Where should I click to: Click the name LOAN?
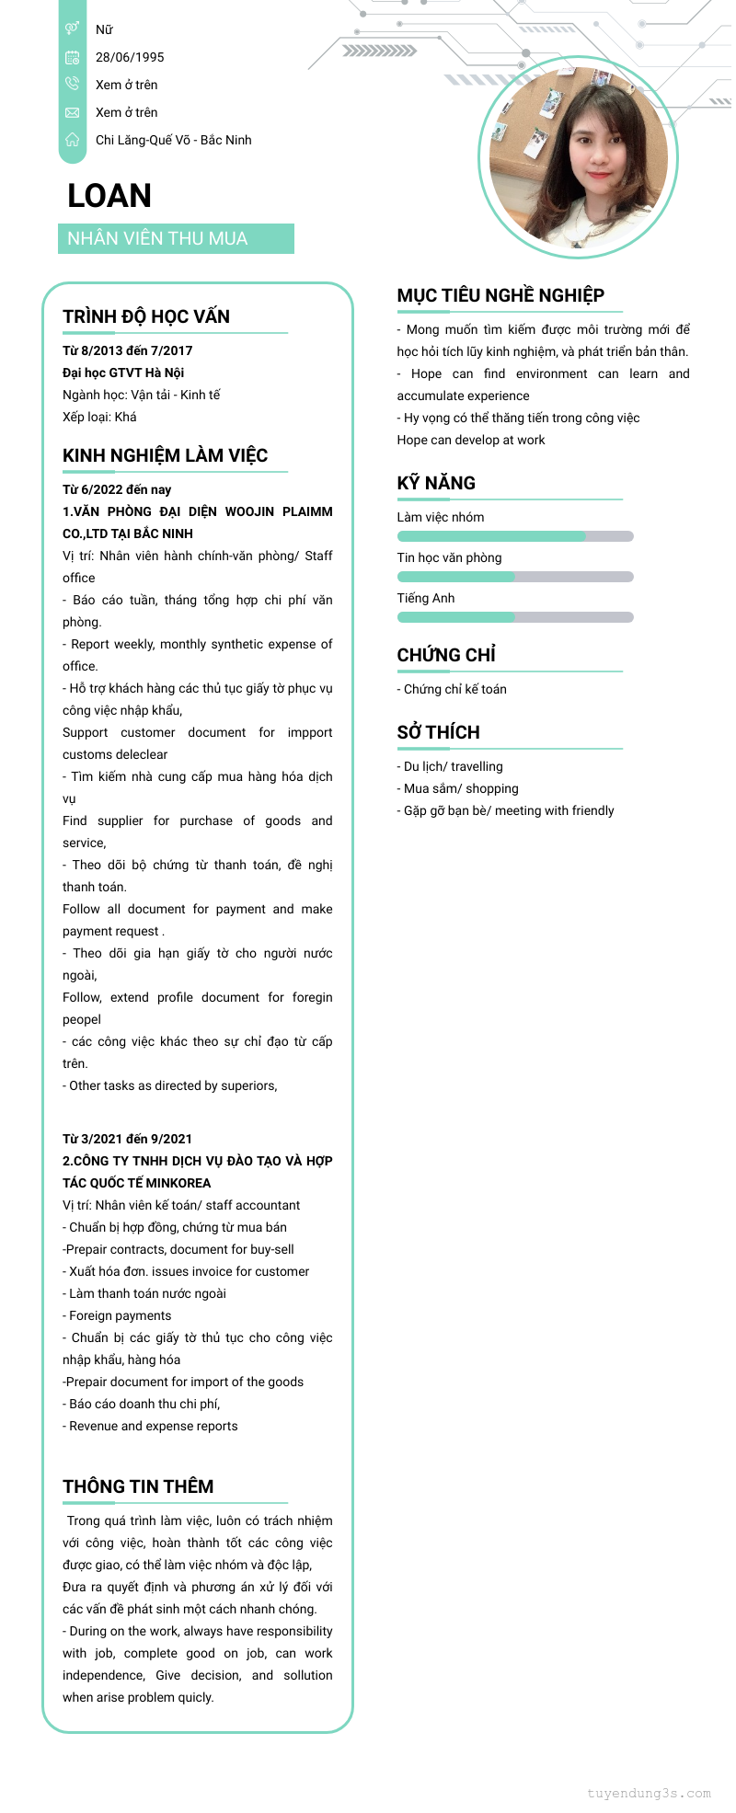[109, 196]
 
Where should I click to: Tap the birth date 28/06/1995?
[130, 57]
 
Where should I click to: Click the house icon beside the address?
[72, 140]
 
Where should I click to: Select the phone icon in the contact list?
[72, 84]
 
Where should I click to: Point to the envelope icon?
[72, 112]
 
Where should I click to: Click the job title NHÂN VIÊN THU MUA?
[157, 238]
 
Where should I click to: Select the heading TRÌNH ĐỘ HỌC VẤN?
[146, 316]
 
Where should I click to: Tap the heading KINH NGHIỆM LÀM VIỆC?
[165, 455]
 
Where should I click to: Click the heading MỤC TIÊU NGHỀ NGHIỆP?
[500, 295]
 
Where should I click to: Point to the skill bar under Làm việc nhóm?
[515, 536]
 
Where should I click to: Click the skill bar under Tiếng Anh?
[515, 617]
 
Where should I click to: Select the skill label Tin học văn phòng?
[449, 557]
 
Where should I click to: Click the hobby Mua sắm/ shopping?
[460, 788]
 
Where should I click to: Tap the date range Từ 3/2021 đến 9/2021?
[127, 1139]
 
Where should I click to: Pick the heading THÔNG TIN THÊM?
[138, 1486]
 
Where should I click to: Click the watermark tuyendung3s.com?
[649, 1793]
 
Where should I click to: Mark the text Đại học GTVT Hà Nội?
[123, 373]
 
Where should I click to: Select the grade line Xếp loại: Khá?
[99, 417]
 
